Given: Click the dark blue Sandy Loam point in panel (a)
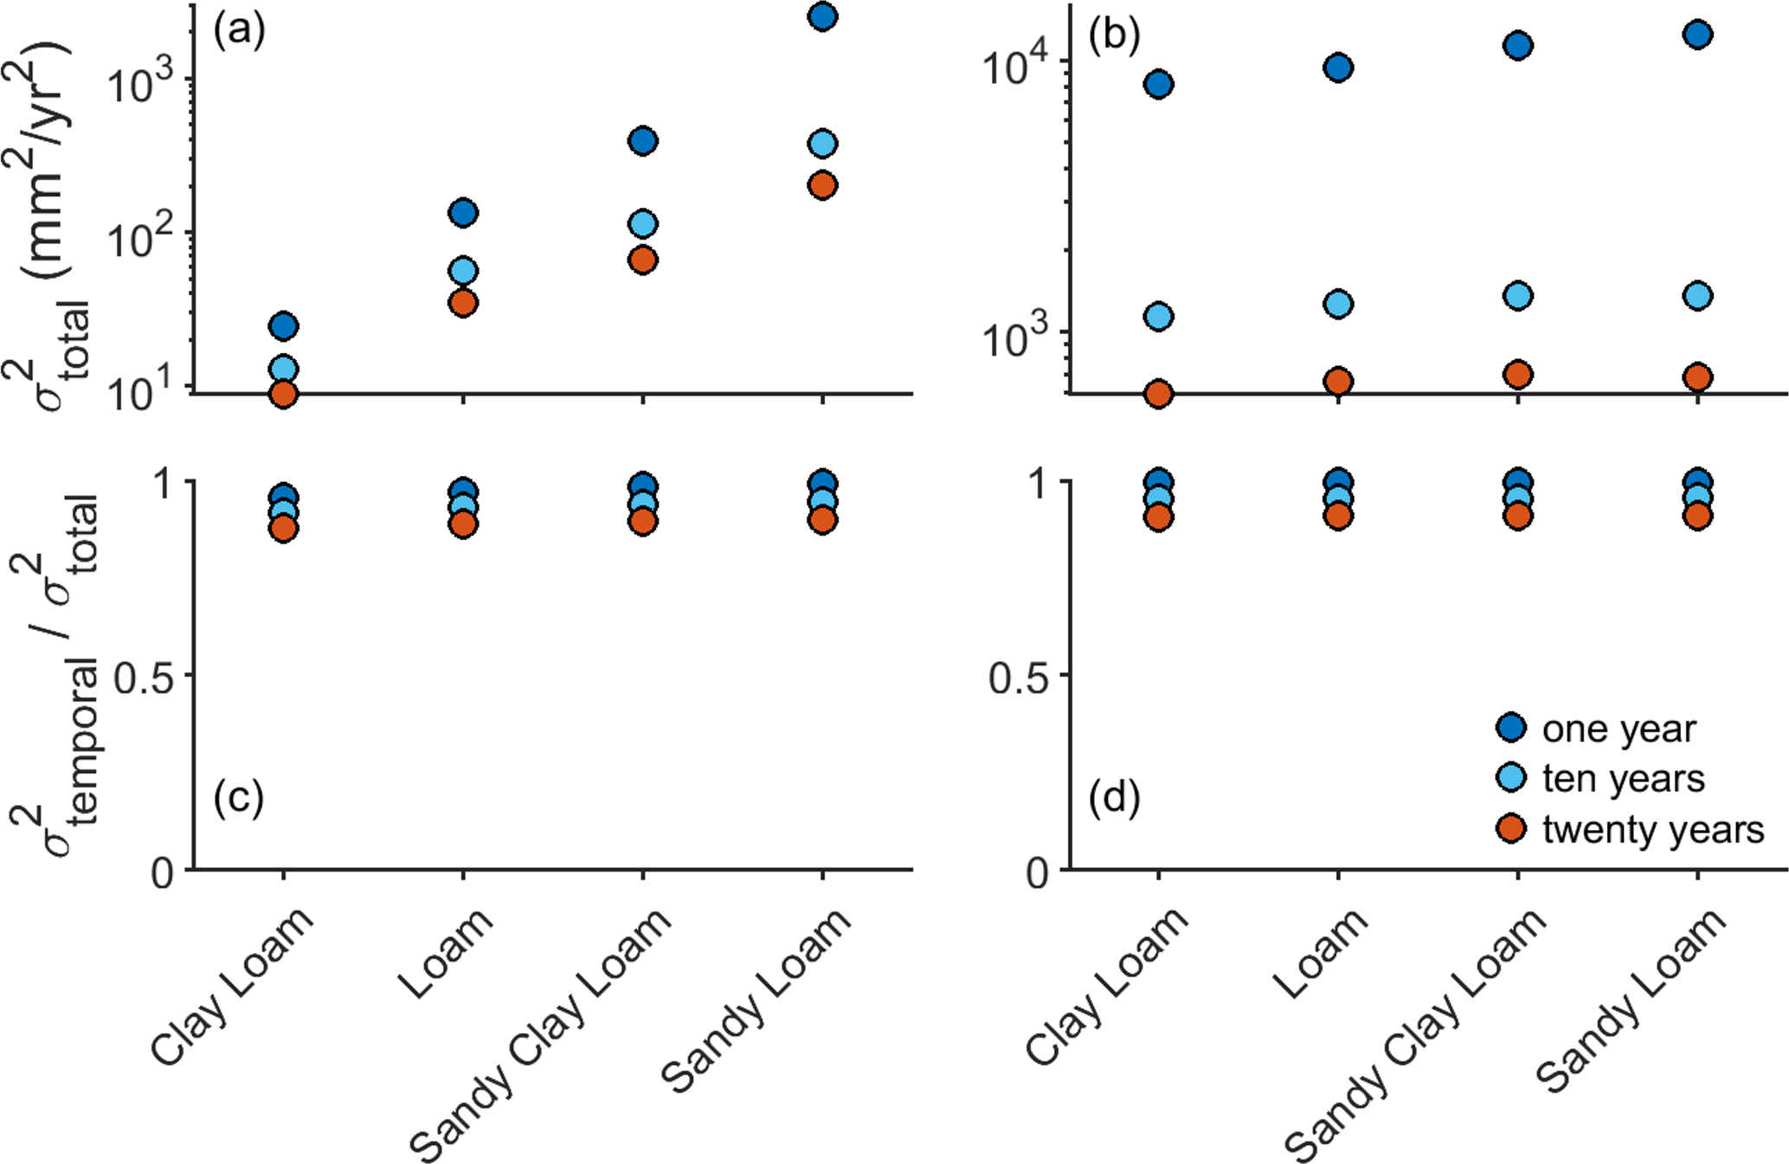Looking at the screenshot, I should [x=822, y=16].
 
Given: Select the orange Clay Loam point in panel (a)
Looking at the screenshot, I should [x=284, y=395].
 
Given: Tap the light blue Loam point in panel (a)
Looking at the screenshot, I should [x=463, y=271].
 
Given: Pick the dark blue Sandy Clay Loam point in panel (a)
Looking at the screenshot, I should [x=642, y=141].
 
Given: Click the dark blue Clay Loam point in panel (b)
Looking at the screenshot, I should [x=1159, y=84].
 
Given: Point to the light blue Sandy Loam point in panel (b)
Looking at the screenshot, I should [x=1697, y=296].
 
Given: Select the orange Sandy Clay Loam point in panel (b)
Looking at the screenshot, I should [x=1518, y=375].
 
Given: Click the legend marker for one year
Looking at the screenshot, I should [x=1511, y=728].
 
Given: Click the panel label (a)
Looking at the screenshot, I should [x=239, y=32].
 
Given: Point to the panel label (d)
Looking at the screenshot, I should [x=1114, y=797].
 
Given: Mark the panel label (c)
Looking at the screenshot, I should [x=238, y=797].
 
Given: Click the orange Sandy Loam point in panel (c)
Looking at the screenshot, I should [x=822, y=520].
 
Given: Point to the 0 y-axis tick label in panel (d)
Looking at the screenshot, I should [x=1038, y=872].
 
